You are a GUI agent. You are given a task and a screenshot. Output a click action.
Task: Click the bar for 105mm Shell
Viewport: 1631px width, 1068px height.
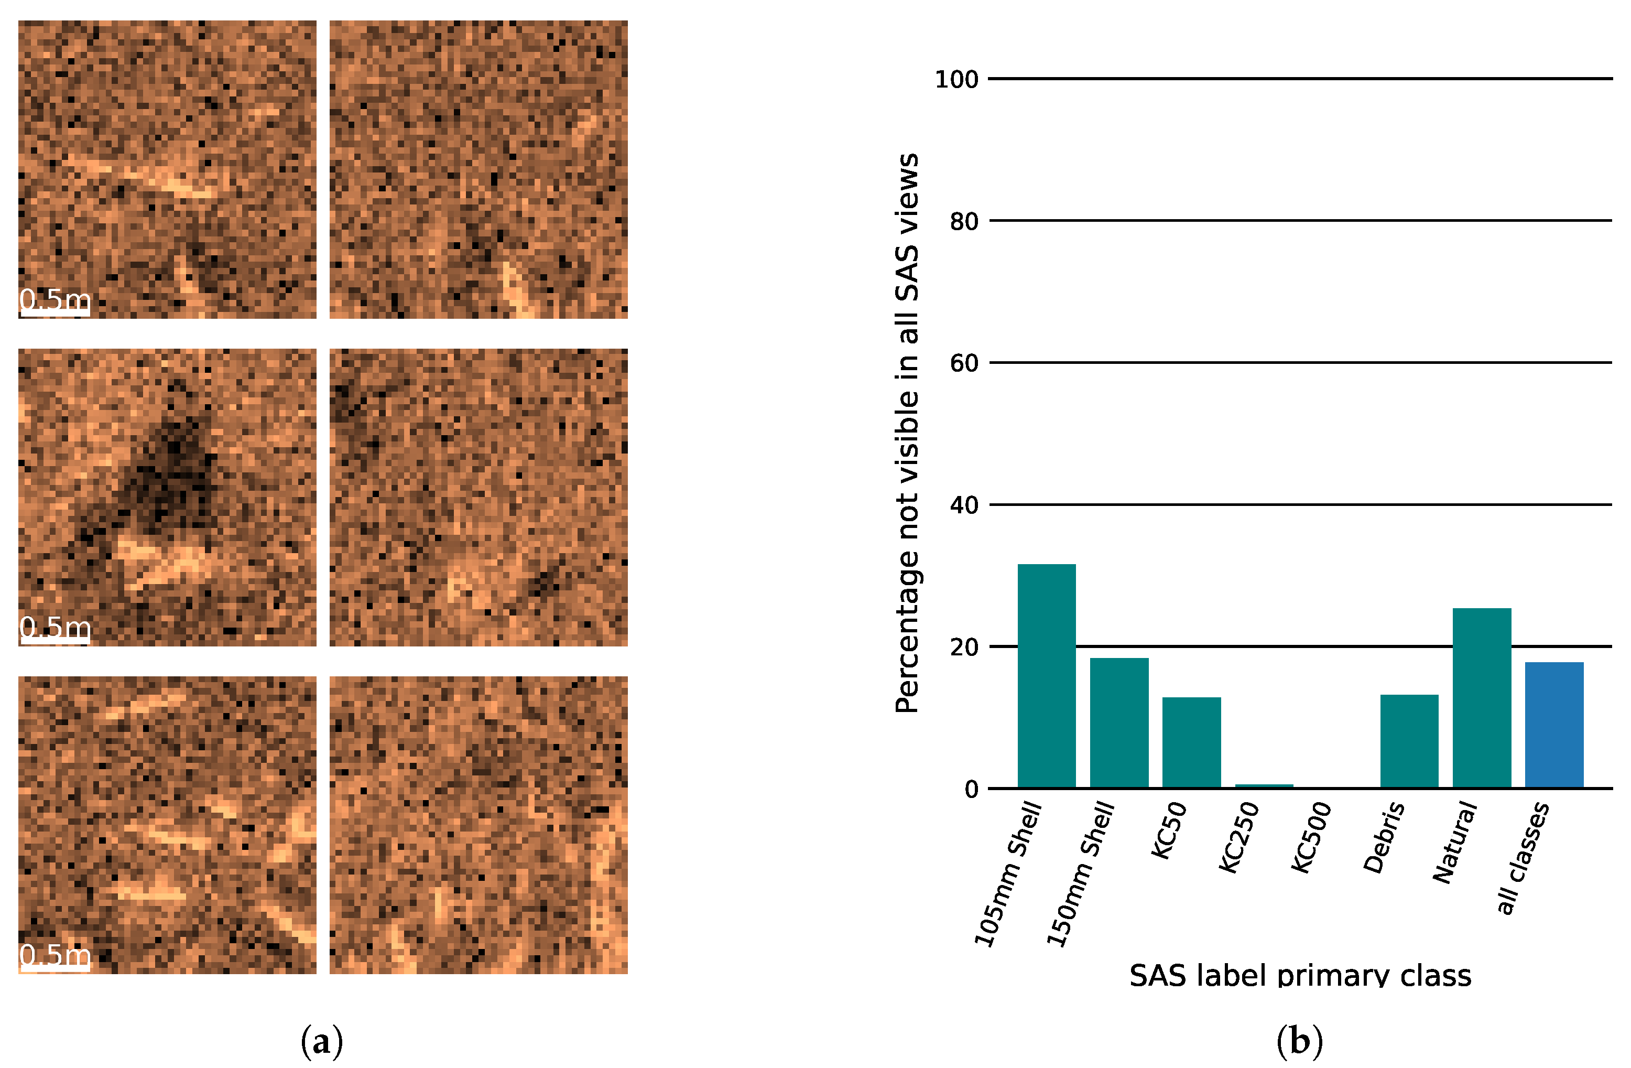1047,676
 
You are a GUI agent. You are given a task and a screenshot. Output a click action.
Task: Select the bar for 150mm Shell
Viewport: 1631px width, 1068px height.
1119,722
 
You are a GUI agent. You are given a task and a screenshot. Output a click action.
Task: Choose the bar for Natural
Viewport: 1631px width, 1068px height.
1482,698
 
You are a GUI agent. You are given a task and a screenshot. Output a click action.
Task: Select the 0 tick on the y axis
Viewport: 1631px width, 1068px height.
971,790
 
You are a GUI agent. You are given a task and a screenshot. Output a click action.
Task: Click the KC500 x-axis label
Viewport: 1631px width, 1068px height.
1311,838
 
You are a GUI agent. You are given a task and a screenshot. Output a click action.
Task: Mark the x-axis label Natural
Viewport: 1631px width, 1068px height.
1454,843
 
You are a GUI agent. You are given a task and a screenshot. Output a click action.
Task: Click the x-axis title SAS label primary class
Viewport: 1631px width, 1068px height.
1300,975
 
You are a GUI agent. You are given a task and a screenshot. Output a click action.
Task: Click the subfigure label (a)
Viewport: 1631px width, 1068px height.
322,1041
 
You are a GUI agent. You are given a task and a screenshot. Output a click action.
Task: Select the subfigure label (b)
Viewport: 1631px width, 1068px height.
1300,1041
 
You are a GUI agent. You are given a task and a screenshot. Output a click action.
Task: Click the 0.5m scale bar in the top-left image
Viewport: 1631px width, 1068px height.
55,312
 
